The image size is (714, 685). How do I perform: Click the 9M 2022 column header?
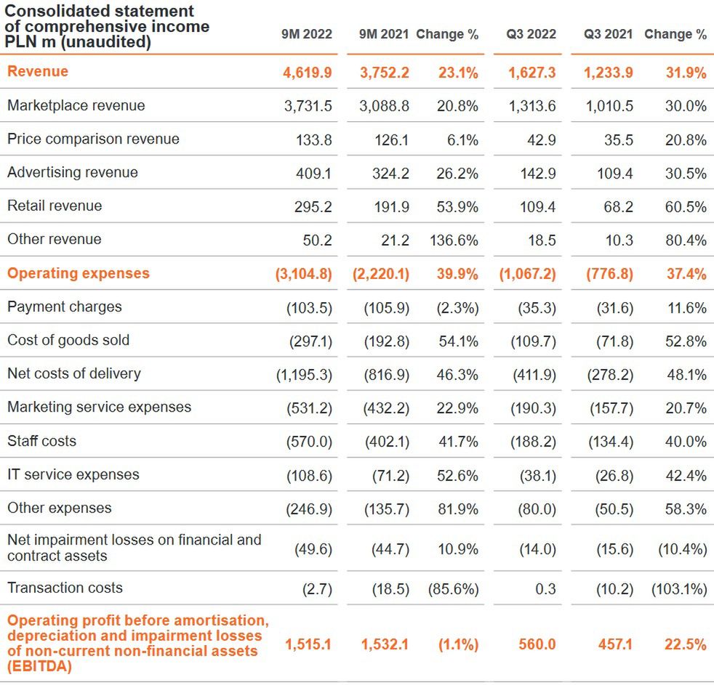307,34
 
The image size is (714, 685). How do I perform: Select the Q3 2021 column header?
608,34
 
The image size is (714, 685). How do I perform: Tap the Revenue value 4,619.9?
308,72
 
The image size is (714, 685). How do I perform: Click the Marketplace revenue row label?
76,105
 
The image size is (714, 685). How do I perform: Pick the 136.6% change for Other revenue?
454,240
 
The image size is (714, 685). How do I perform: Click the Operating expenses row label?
78,273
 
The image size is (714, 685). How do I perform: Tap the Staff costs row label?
41,441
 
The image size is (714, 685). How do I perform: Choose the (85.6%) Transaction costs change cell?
453,588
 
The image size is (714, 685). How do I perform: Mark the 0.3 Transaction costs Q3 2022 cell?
546,588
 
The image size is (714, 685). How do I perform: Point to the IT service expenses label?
73,474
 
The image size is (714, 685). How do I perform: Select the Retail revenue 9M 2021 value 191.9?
390,207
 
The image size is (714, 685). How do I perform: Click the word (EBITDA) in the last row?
39,665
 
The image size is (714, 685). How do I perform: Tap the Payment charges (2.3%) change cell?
458,308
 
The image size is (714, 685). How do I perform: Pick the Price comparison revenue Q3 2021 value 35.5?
619,139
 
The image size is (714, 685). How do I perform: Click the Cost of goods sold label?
68,340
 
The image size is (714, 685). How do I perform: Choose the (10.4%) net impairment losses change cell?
682,549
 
